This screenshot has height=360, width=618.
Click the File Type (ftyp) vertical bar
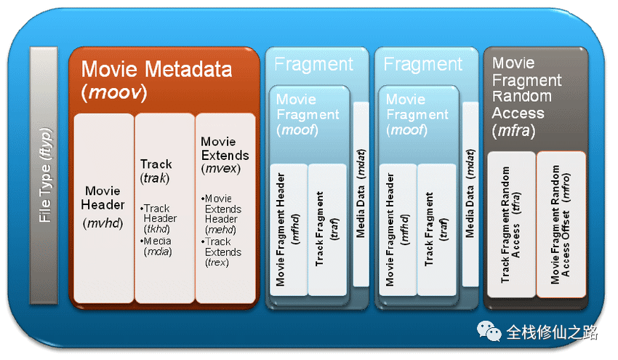pos(44,175)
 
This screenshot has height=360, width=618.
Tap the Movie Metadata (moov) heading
pos(156,81)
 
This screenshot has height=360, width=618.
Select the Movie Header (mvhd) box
pos(104,208)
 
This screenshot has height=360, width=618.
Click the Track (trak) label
pos(156,171)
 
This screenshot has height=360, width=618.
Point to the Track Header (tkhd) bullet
pos(158,218)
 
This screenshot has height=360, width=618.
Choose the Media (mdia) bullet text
pos(157,247)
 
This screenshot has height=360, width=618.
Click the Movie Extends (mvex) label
pos(225,155)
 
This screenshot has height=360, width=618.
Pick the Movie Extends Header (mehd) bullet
pos(221,214)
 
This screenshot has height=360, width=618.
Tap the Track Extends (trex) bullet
pos(221,252)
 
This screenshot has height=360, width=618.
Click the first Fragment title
pos(314,64)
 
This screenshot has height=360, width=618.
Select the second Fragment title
pos(423,64)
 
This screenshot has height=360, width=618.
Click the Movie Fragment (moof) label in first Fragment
pos(308,114)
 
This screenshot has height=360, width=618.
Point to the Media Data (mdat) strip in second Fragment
pos(470,194)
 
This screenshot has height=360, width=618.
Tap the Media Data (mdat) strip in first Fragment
pos(361,194)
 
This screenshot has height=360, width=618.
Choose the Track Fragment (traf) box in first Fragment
pos(327,230)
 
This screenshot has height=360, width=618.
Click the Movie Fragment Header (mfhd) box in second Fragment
pos(398,230)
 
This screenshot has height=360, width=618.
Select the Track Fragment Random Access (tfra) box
pos(511,224)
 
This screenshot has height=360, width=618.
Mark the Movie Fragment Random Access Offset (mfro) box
pos(561,224)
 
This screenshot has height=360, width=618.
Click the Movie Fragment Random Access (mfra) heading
pos(527,97)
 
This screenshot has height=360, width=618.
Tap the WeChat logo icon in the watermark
pos(489,331)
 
